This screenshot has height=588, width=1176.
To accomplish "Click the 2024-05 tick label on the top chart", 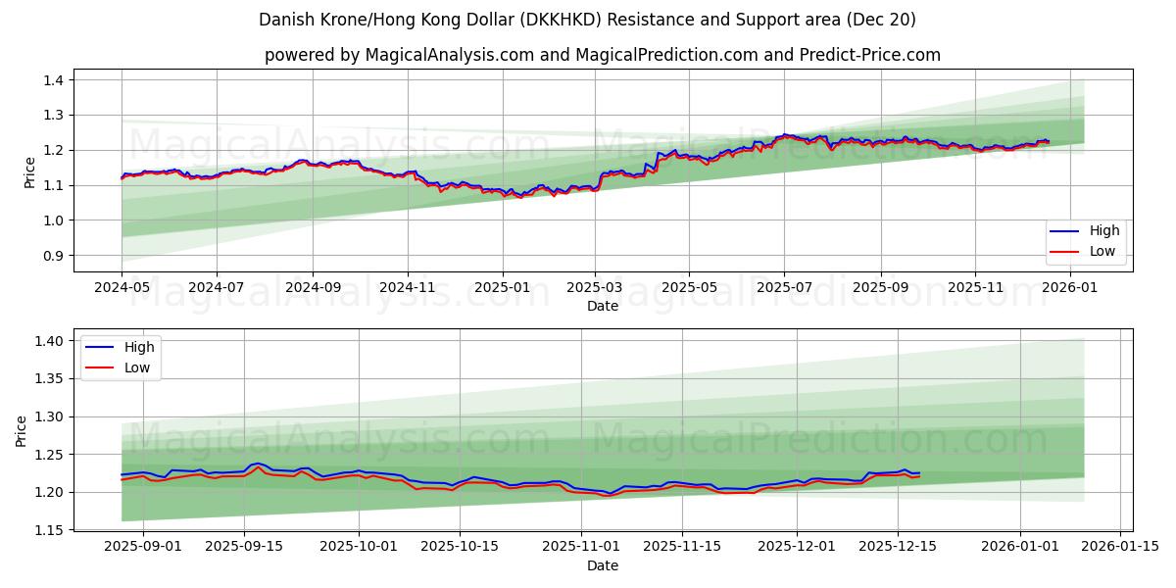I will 122,289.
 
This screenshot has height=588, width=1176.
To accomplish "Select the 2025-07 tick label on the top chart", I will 784,289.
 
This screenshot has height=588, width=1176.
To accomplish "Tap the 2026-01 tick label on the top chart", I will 1070,289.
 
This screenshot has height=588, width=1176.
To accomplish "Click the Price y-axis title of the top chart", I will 29,172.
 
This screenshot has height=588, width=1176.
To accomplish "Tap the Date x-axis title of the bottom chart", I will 603,565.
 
